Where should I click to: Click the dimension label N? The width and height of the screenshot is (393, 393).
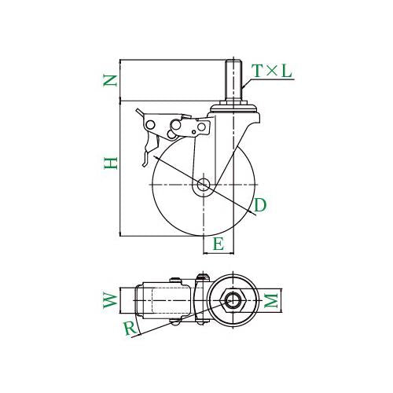pyautogui.click(x=109, y=80)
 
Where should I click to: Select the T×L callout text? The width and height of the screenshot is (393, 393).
pyautogui.click(x=271, y=71)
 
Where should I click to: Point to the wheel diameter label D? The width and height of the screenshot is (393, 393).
pyautogui.click(x=260, y=205)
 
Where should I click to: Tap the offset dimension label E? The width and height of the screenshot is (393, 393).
pyautogui.click(x=219, y=244)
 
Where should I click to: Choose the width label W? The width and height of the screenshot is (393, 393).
pyautogui.click(x=110, y=300)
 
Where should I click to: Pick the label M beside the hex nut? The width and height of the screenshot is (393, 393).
pyautogui.click(x=270, y=300)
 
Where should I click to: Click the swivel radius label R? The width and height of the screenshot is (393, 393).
pyautogui.click(x=130, y=329)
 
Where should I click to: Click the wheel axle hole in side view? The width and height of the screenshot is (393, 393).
pyautogui.click(x=203, y=185)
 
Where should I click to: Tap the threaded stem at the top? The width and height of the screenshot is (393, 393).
pyautogui.click(x=233, y=79)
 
